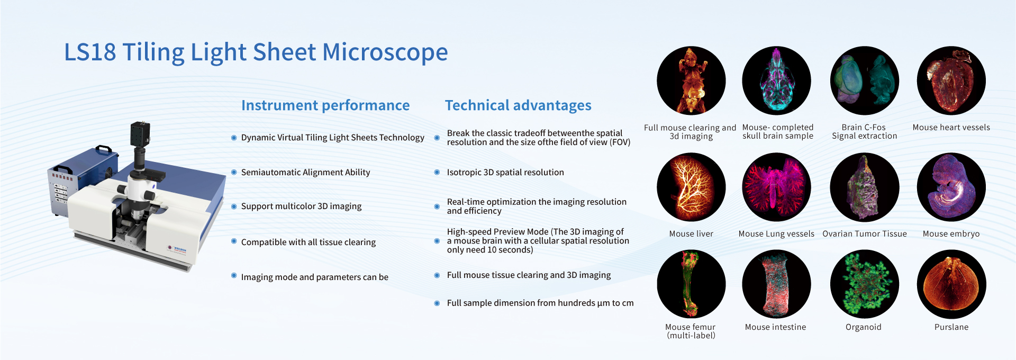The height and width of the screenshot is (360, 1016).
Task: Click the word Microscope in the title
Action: [385, 52]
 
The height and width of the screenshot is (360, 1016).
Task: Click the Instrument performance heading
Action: [325, 105]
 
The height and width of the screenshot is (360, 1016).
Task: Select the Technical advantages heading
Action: [518, 105]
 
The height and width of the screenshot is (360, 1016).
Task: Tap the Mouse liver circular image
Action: [691, 187]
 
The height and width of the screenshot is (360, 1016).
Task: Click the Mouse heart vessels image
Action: [951, 80]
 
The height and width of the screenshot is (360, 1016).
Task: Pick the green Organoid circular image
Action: [864, 284]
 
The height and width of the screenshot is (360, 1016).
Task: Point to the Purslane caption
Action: [951, 327]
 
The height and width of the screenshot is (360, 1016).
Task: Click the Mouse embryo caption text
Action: [951, 234]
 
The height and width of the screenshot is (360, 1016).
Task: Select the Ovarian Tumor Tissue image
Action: [864, 187]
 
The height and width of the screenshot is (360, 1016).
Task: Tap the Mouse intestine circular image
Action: [776, 284]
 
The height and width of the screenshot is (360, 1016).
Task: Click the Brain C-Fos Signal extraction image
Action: [864, 80]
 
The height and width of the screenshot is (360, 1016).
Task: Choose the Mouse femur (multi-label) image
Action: [691, 284]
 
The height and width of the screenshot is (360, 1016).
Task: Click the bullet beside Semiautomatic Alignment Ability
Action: [234, 172]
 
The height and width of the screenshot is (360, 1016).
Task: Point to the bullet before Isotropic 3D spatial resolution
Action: [437, 172]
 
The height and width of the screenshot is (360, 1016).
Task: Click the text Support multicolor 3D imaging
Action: [301, 206]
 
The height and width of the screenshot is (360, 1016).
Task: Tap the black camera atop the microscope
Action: [140, 133]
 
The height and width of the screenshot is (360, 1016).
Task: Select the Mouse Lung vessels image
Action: [776, 187]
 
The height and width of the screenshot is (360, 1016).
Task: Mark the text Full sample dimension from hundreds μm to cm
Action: [540, 303]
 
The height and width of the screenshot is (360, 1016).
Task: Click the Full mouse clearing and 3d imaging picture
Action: [691, 80]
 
